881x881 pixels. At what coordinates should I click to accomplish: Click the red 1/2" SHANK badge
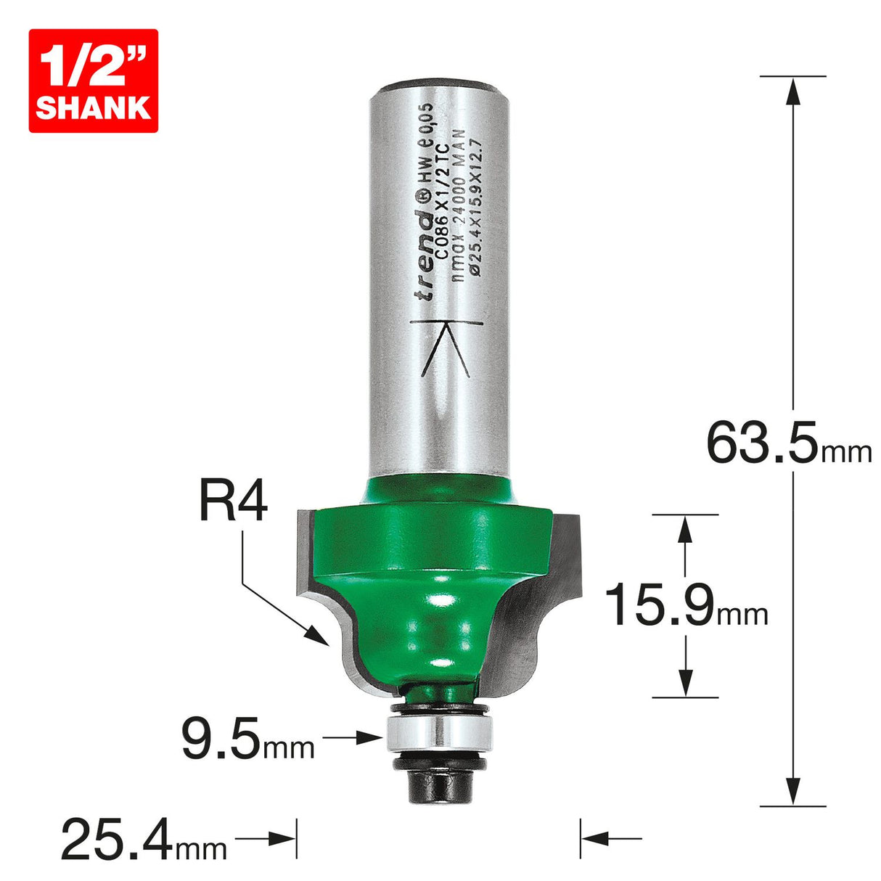[x=93, y=81]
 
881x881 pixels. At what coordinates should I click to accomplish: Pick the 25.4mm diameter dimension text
[x=144, y=839]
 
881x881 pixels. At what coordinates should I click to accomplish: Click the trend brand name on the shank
[x=423, y=253]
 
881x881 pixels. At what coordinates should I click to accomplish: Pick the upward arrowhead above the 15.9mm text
[x=685, y=530]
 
